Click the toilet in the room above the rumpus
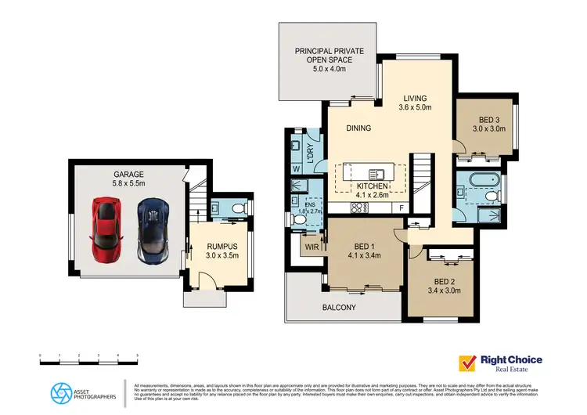[237, 208]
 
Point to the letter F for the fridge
[402, 207]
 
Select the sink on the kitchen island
[374, 174]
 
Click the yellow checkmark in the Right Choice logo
[468, 363]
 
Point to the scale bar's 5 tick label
[138, 356]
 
